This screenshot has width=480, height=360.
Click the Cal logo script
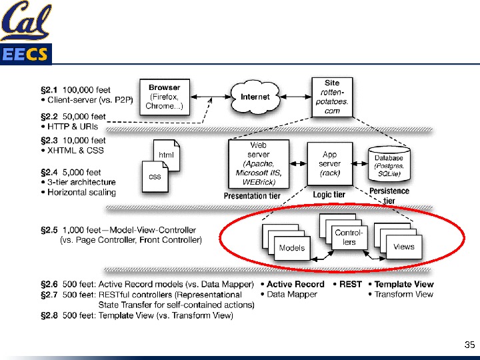pos(25,23)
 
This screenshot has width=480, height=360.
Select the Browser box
pos(164,97)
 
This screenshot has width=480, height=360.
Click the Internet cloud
pos(255,97)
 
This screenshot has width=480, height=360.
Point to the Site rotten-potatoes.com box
pos(331,97)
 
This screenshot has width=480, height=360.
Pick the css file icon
pos(154,176)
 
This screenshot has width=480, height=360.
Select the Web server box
pos(259,163)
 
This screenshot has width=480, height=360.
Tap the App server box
pos(329,163)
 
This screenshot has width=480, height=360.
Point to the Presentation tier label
pos(252,196)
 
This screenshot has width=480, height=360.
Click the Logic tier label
pos(329,195)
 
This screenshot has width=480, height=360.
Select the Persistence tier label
pos(389,195)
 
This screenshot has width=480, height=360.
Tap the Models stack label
pos(291,248)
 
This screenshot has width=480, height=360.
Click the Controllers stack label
pos(349,237)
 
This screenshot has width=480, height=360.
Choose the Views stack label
pos(403,247)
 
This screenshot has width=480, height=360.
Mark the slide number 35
pos(469,345)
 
